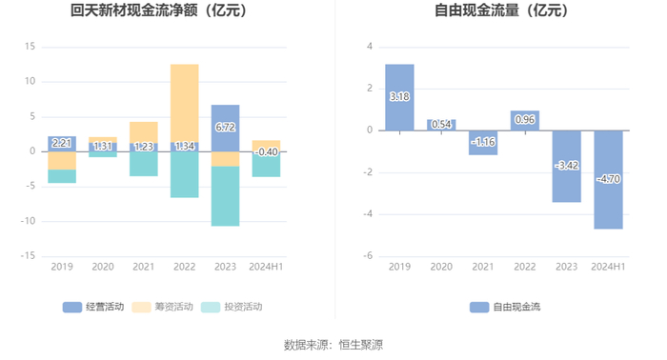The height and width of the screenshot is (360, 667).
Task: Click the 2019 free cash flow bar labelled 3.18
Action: tap(399, 97)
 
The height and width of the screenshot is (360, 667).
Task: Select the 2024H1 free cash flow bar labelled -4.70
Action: tap(608, 179)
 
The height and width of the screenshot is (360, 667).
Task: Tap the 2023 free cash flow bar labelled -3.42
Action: tap(567, 166)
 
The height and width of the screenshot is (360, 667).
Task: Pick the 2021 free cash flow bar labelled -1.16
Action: tap(483, 143)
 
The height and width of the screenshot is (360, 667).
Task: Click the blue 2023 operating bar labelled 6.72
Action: tap(226, 128)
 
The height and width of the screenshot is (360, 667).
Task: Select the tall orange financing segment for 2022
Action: tap(185, 103)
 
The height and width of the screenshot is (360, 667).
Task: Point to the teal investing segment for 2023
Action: tap(226, 196)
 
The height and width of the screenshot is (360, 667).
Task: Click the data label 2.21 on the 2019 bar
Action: tap(62, 143)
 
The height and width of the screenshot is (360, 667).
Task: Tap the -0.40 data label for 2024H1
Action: tap(266, 151)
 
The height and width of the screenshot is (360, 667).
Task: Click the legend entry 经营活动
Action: tap(93, 307)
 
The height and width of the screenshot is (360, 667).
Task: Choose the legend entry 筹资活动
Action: tap(162, 307)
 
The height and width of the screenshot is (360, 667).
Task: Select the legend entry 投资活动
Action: tap(232, 307)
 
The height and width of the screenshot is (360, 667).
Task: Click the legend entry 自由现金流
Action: tap(505, 307)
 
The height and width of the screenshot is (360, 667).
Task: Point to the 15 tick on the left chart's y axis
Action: tap(30, 47)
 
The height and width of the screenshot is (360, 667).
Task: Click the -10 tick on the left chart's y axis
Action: tap(28, 221)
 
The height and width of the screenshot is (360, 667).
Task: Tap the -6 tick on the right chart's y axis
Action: tap(368, 256)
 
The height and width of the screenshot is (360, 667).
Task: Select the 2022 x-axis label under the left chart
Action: tap(185, 267)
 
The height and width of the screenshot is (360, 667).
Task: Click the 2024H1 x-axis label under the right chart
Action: tap(608, 267)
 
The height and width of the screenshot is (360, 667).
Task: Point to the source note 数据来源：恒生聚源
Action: tap(333, 345)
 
